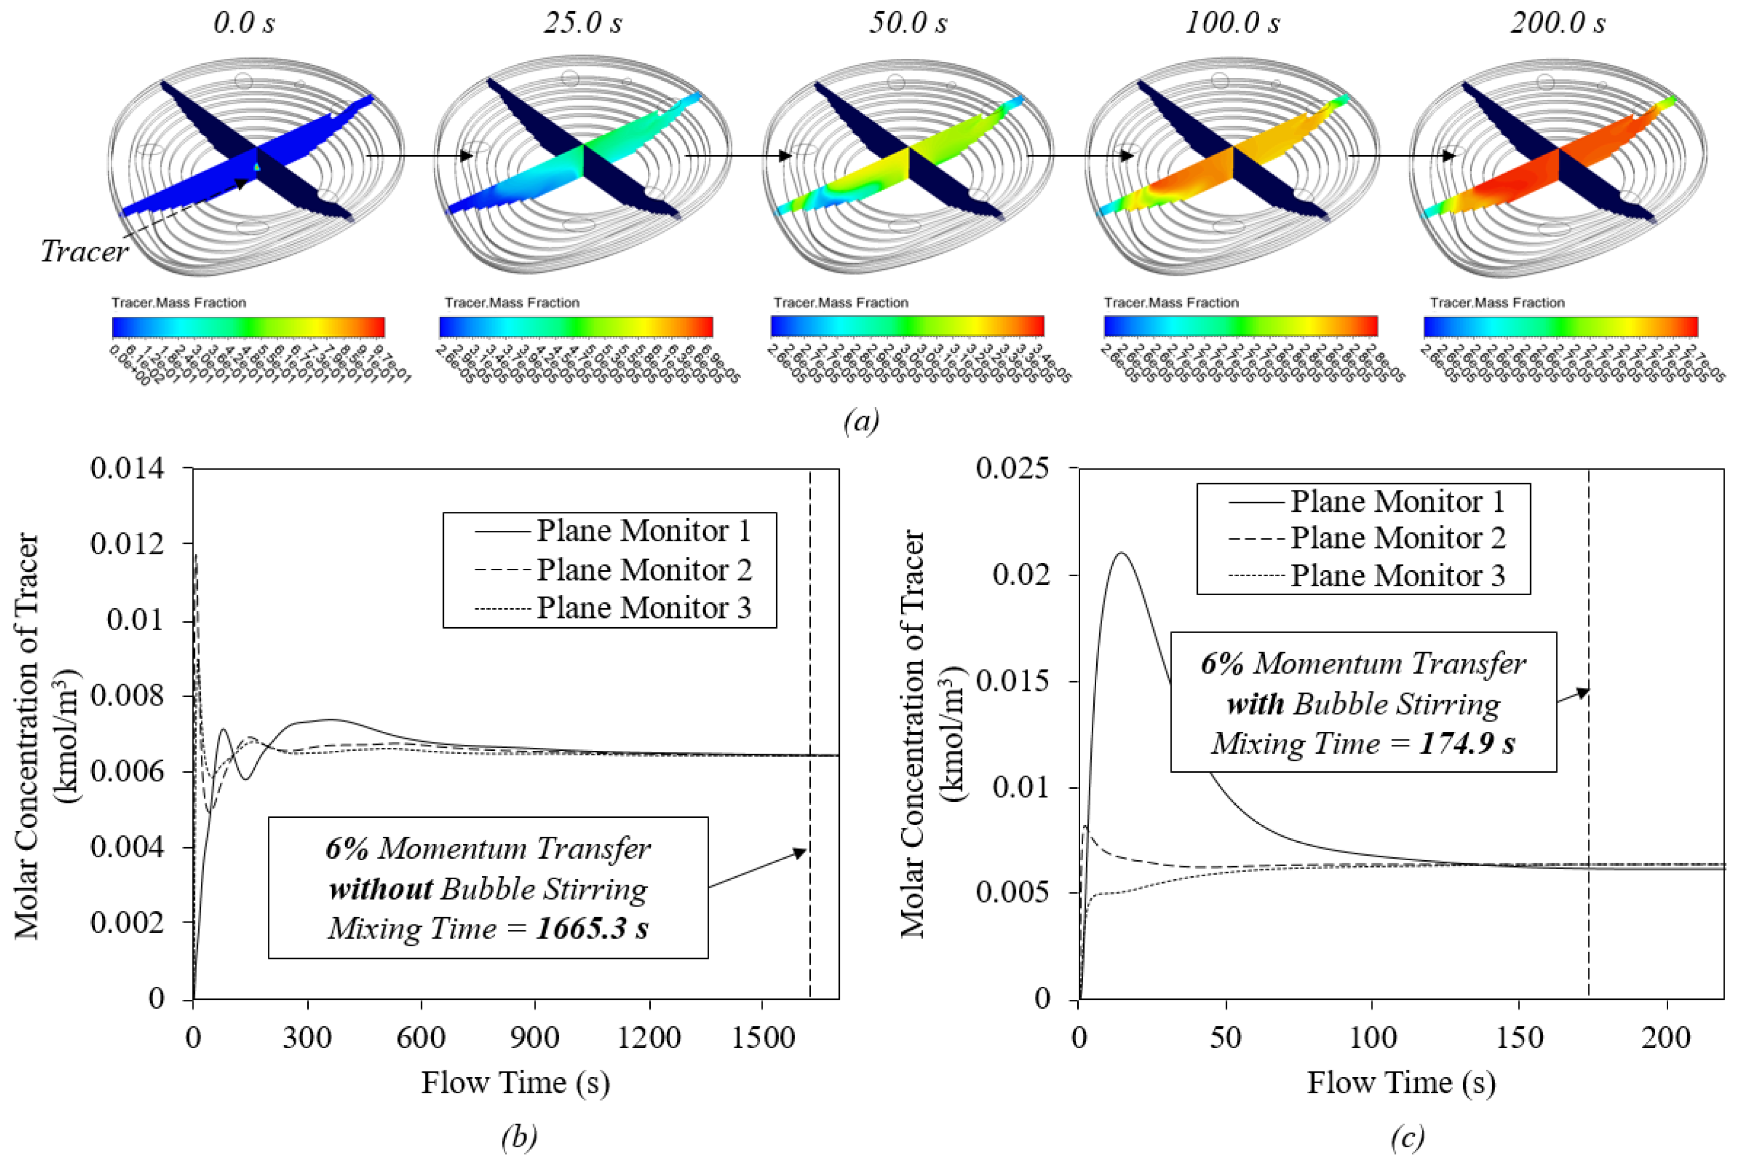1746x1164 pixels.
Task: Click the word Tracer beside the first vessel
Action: tap(84, 251)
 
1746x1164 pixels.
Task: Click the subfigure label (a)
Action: tap(861, 422)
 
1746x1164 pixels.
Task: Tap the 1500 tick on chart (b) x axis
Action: tap(762, 1037)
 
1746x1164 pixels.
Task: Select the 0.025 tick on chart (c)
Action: tap(1013, 469)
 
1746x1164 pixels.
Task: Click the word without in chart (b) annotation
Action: tap(381, 889)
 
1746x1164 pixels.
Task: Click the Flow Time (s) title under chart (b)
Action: tap(516, 1083)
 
